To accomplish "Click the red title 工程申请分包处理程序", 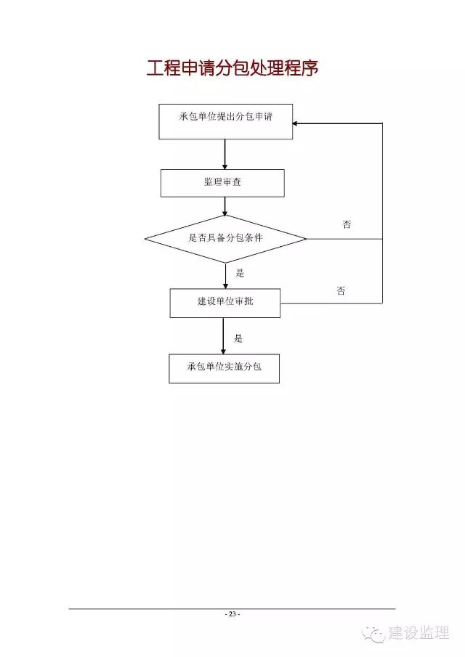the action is click(x=232, y=68).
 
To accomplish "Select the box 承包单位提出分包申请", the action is click(x=225, y=121).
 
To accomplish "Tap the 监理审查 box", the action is click(x=222, y=183).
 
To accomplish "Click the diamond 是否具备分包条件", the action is click(x=225, y=239).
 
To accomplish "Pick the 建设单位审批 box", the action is click(x=225, y=303).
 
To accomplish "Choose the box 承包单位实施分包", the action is click(x=225, y=369).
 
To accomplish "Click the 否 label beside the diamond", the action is click(x=347, y=225).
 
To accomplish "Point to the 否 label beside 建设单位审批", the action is click(x=341, y=291).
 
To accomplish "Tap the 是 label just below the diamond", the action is click(x=240, y=273).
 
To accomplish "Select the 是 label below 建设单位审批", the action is click(x=238, y=338).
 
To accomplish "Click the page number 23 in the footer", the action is click(x=232, y=614).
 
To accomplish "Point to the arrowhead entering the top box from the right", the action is click(x=295, y=123).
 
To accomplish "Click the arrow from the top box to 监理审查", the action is click(x=225, y=154).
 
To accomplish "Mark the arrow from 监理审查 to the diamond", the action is click(x=225, y=206).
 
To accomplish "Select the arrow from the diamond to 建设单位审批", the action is click(x=225, y=276).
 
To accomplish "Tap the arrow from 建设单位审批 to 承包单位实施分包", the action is click(x=223, y=336).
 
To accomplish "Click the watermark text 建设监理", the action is click(x=419, y=633).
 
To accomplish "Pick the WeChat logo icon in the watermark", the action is click(x=373, y=634).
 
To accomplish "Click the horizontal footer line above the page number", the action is click(x=232, y=608).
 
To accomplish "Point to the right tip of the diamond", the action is click(x=307, y=239).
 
